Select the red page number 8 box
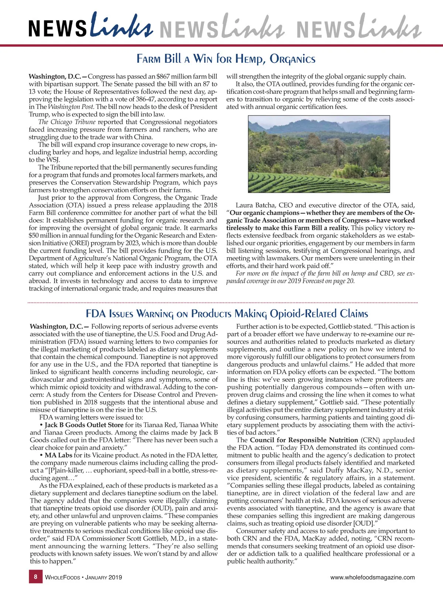35,577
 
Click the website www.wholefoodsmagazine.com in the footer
372,577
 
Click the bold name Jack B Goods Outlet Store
84,425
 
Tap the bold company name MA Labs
58,455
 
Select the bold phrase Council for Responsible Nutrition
304,440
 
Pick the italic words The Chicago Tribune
67,122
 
